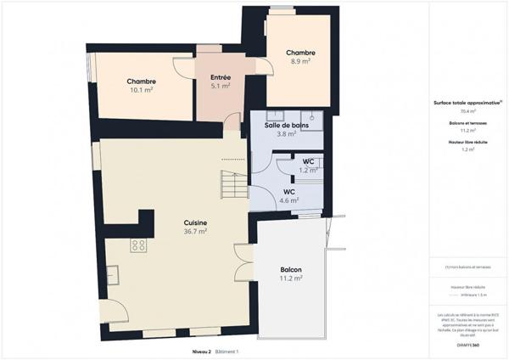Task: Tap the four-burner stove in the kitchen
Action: click(x=137, y=245)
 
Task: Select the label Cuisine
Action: click(x=196, y=223)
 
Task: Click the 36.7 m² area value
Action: click(x=196, y=231)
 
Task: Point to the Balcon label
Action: click(x=291, y=270)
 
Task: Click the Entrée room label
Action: click(x=221, y=78)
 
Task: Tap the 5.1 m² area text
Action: click(x=221, y=86)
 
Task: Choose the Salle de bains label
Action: click(x=286, y=126)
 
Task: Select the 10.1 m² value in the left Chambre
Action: click(x=141, y=89)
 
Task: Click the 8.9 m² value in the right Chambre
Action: click(x=300, y=61)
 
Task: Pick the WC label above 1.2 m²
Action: click(x=309, y=161)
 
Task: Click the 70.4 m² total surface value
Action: click(x=467, y=111)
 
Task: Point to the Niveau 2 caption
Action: click(x=201, y=351)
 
